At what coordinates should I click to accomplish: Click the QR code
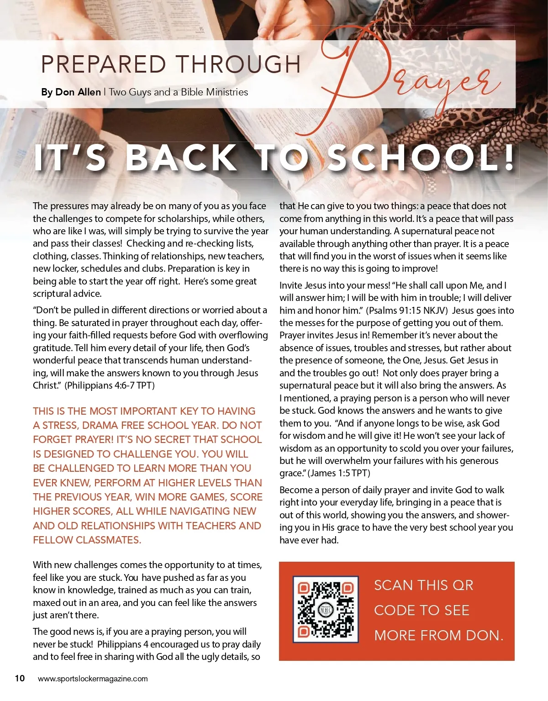[x=326, y=610]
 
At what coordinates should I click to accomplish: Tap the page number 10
[x=20, y=678]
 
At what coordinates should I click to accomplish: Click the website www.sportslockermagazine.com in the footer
[x=93, y=679]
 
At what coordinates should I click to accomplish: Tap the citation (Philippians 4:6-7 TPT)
[x=110, y=385]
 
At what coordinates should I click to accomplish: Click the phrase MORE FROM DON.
[x=438, y=635]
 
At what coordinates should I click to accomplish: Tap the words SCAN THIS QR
[x=423, y=585]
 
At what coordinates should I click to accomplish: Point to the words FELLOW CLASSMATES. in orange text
[x=87, y=540]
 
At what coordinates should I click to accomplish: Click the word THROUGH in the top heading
[x=238, y=64]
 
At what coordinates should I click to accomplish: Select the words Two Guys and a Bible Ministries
[x=178, y=92]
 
